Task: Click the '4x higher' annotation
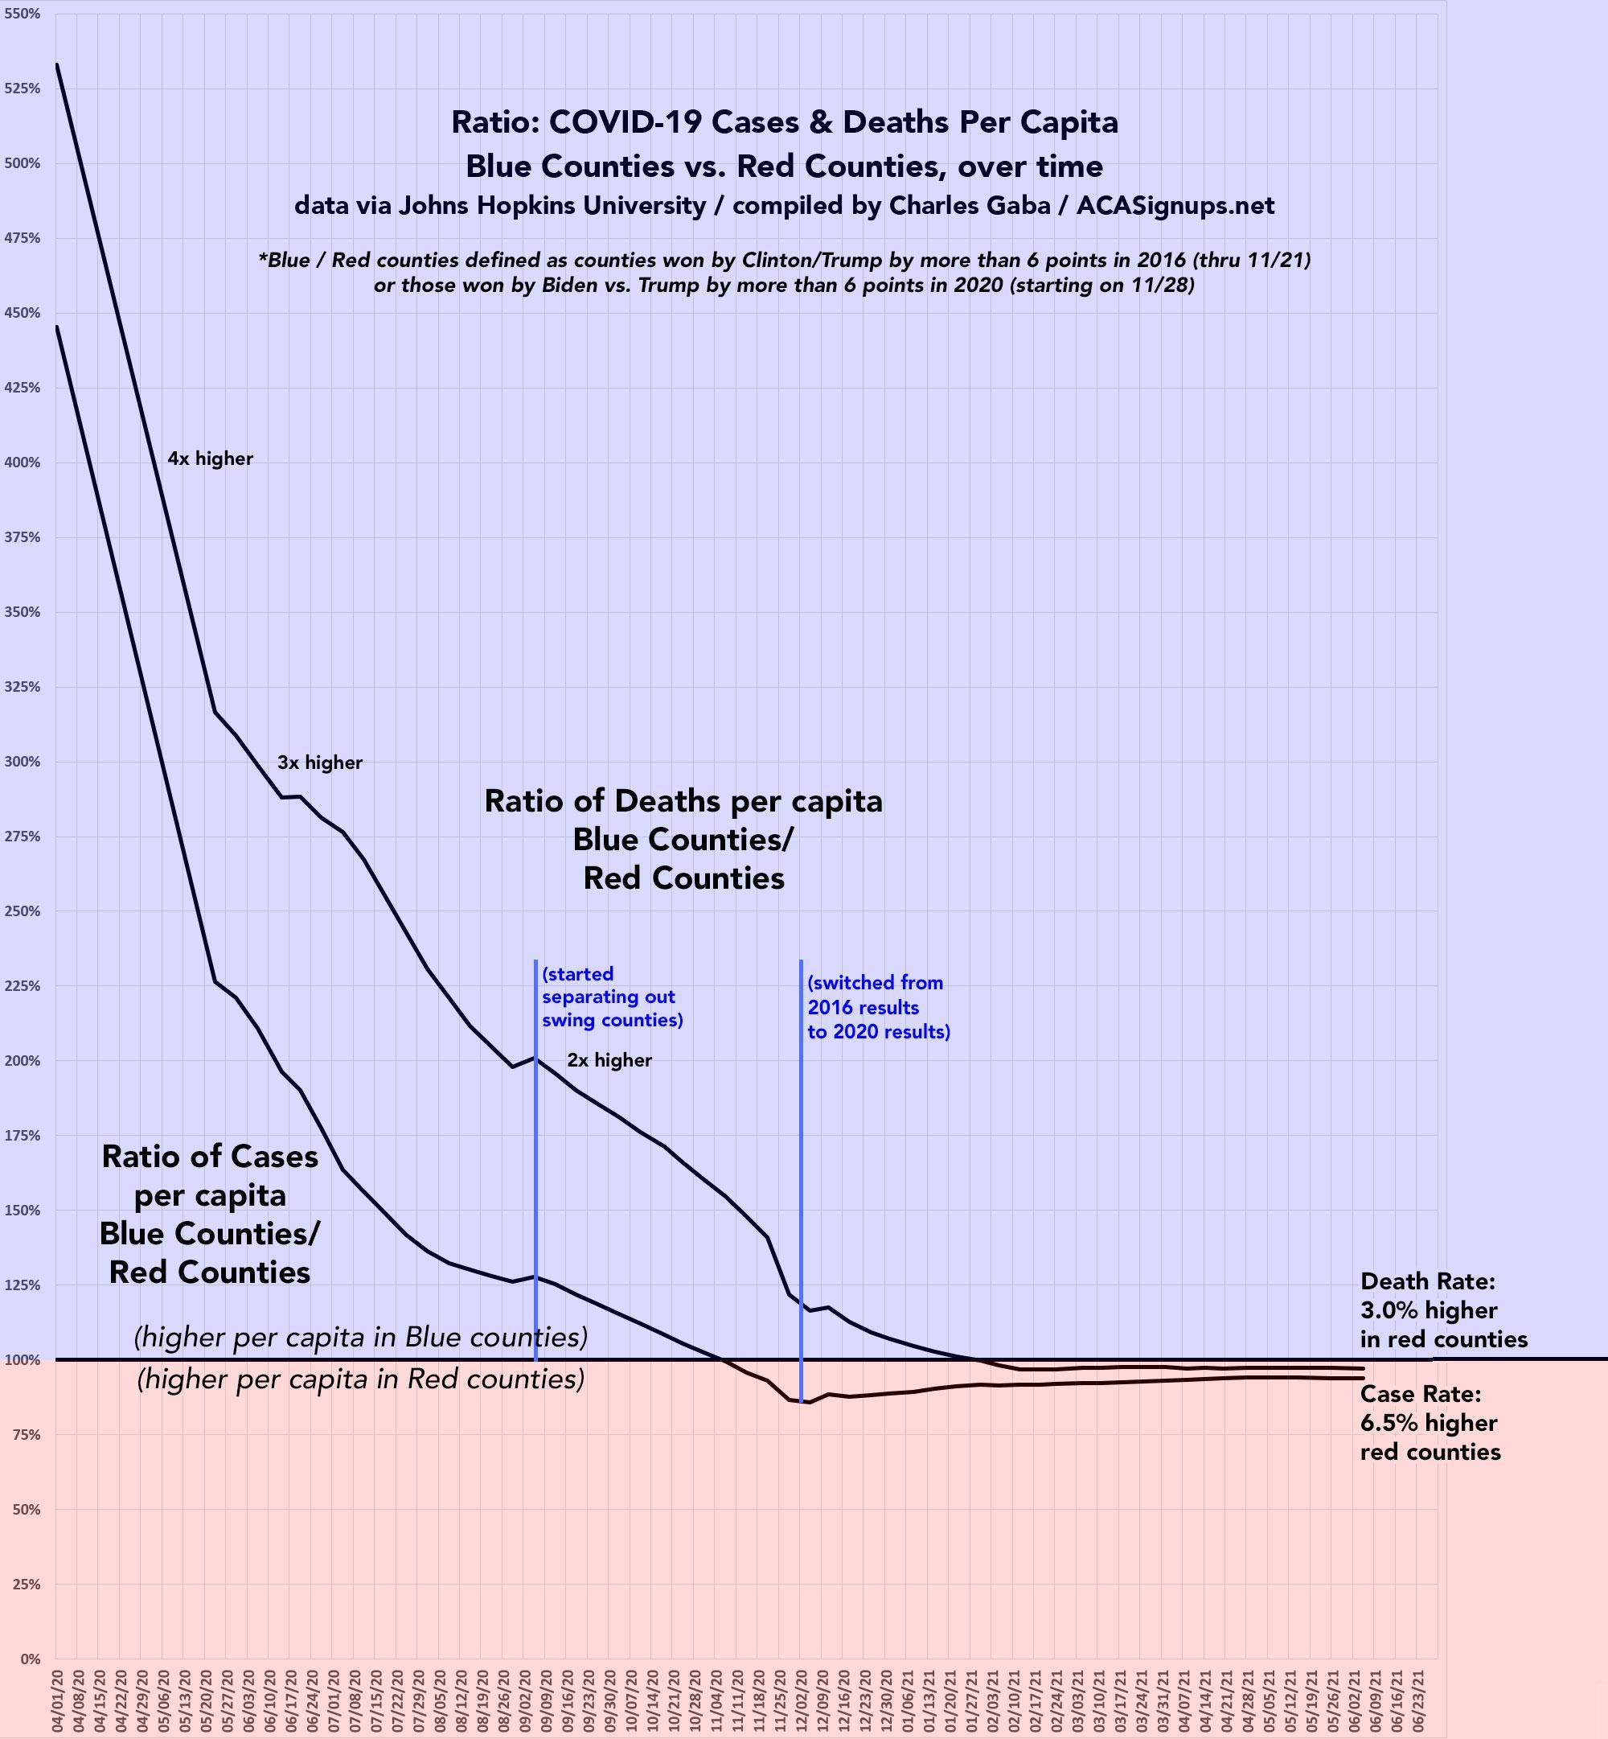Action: [x=211, y=458]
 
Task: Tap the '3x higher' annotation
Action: [x=319, y=763]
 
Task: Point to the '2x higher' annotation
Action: [x=609, y=1060]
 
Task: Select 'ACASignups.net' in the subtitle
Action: [x=1175, y=205]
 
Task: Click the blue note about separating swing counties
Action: [x=612, y=997]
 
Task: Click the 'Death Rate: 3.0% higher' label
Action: [x=1442, y=1310]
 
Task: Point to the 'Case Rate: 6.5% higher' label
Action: [x=1430, y=1423]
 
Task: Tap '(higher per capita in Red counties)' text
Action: [x=360, y=1379]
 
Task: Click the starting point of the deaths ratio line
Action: [x=57, y=64]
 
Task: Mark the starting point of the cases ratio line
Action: [x=57, y=327]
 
